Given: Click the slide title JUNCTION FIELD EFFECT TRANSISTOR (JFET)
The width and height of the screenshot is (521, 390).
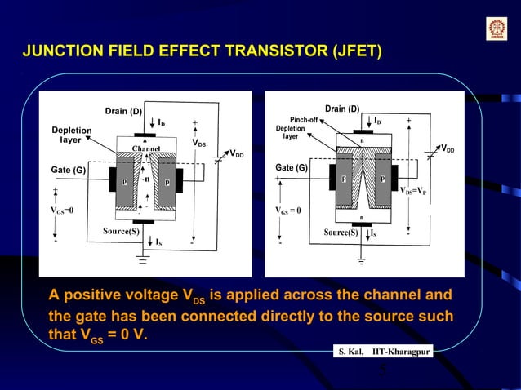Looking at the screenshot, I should [x=203, y=53].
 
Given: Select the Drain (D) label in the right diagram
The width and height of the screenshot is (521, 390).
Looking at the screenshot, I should [x=342, y=109].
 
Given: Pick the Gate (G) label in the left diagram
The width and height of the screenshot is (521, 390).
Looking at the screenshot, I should [x=69, y=171].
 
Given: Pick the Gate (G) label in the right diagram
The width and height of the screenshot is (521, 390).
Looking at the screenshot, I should [x=292, y=168].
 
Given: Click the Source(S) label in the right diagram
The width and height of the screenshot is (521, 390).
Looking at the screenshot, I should [x=341, y=233].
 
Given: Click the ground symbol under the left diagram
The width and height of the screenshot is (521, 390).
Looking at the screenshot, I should [x=144, y=262].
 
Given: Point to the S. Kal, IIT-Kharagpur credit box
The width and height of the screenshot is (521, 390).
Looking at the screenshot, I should [x=383, y=352].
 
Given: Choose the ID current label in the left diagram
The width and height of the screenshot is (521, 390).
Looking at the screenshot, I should [x=162, y=123].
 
